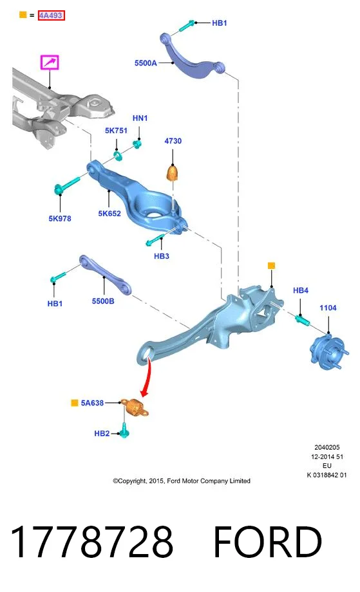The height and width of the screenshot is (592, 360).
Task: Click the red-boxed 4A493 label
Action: [x=51, y=15]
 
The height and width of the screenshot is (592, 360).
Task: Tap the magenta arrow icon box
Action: [x=50, y=62]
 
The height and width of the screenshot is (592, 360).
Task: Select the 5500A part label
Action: [x=146, y=63]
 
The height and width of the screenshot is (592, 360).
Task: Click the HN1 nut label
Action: [x=140, y=118]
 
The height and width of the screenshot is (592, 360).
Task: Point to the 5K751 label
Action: [x=116, y=131]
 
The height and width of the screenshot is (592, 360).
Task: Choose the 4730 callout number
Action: [x=173, y=141]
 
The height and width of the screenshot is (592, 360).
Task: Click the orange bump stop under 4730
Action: [x=173, y=173]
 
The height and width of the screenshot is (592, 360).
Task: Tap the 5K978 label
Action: [x=60, y=219]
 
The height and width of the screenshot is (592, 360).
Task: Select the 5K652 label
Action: [x=109, y=214]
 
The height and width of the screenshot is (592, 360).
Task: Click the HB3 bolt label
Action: [x=161, y=256]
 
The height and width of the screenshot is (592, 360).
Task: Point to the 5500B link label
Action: [x=103, y=301]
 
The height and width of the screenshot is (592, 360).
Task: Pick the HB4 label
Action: [x=301, y=290]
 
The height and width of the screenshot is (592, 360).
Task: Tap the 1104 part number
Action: [x=328, y=308]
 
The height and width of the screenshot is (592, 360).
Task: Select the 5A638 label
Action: [x=92, y=403]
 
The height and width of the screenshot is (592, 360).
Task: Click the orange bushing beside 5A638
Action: [x=135, y=407]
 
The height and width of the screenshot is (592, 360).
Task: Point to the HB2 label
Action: [x=102, y=434]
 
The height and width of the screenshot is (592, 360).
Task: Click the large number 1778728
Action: [x=92, y=542]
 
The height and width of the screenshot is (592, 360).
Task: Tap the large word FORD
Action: [x=267, y=542]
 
